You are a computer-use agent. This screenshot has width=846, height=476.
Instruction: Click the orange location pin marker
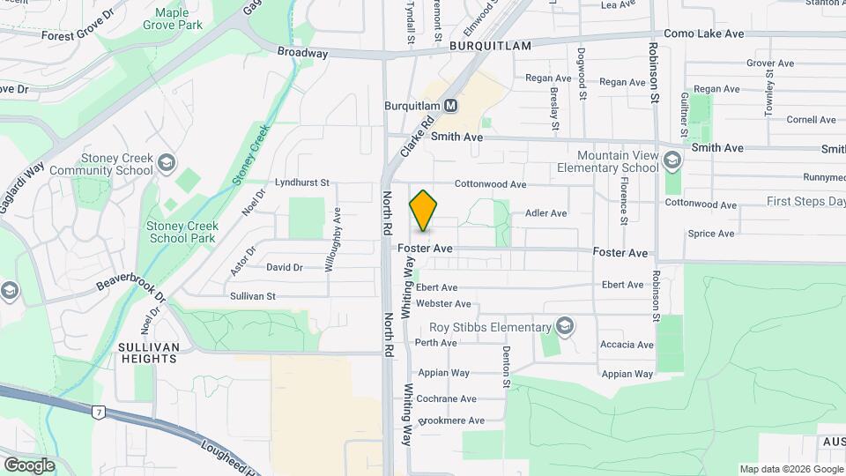pyautogui.click(x=424, y=212)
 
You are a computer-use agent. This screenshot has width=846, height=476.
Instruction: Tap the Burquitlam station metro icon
pyautogui.click(x=451, y=106)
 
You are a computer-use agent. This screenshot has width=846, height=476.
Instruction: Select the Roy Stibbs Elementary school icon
pyautogui.click(x=565, y=328)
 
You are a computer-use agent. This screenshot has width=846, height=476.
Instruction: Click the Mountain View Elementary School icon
pyautogui.click(x=672, y=160)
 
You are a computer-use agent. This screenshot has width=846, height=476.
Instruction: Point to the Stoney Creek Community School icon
pyautogui.click(x=167, y=163)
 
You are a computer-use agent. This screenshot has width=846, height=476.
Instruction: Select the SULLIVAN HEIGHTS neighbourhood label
pyautogui.click(x=148, y=353)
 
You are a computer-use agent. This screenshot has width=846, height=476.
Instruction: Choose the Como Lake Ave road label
pyautogui.click(x=704, y=33)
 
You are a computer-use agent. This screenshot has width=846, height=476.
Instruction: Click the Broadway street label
pyautogui.click(x=302, y=53)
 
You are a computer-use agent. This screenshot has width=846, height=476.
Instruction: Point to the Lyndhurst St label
pyautogui.click(x=301, y=183)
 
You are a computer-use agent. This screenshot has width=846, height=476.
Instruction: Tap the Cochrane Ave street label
pyautogui.click(x=446, y=399)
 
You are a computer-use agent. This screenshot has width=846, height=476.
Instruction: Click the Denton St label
pyautogui.click(x=507, y=367)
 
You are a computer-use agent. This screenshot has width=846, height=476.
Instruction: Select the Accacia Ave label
pyautogui.click(x=627, y=345)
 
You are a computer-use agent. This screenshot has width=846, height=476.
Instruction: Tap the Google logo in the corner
pyautogui.click(x=29, y=465)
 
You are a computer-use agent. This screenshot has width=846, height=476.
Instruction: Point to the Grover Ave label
pyautogui.click(x=771, y=63)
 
